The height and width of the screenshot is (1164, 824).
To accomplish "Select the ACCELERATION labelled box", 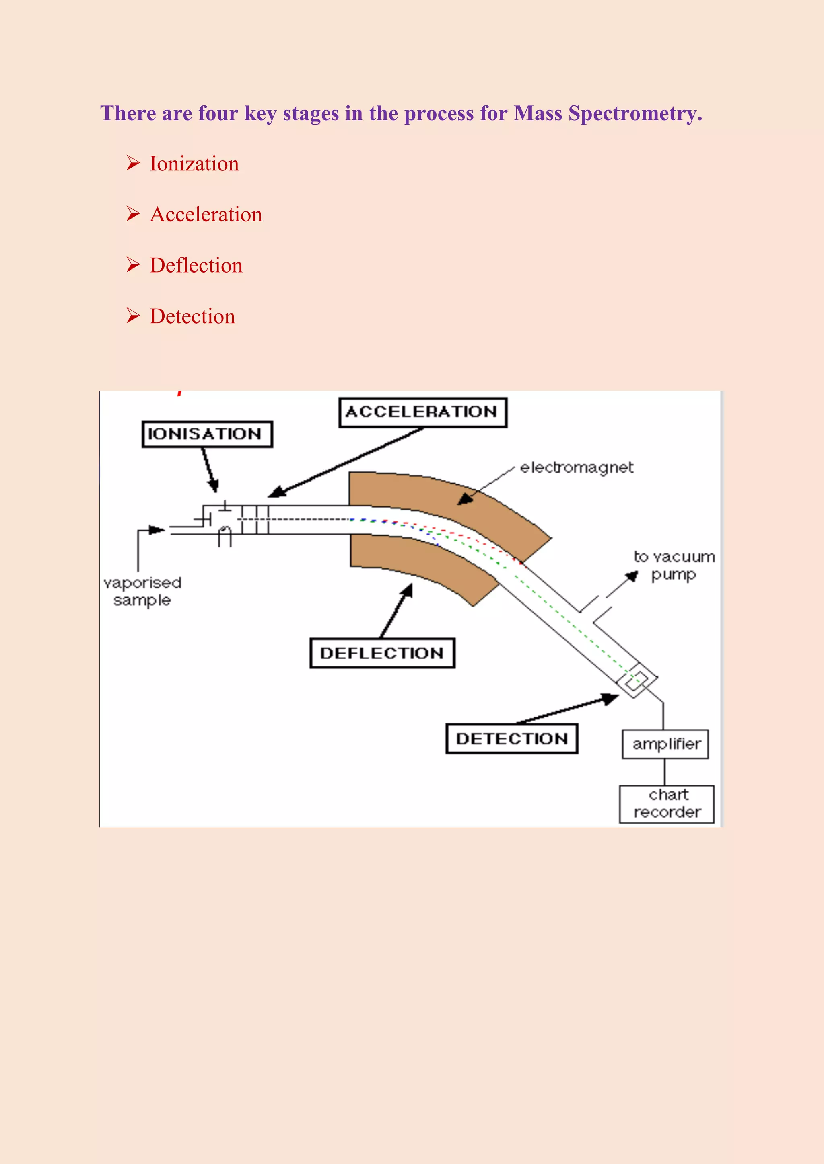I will pyautogui.click(x=422, y=412).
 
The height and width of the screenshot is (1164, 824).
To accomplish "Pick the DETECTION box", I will pyautogui.click(x=511, y=739).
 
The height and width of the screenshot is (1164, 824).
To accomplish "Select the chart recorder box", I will pyautogui.click(x=667, y=804).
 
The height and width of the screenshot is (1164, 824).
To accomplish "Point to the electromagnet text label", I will pyautogui.click(x=577, y=467).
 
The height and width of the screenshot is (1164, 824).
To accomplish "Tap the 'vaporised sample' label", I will pyautogui.click(x=142, y=591).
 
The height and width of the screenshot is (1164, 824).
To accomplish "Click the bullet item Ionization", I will pyautogui.click(x=194, y=164).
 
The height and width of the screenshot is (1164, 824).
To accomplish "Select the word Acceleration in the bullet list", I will pyautogui.click(x=206, y=215).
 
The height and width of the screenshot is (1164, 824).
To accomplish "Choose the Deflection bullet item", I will pyautogui.click(x=196, y=266).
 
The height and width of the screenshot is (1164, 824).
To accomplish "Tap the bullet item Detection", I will pyautogui.click(x=192, y=316).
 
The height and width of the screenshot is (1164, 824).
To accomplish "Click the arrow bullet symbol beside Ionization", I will pyautogui.click(x=133, y=163).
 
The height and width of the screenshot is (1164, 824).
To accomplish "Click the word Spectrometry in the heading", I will pyautogui.click(x=635, y=113).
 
